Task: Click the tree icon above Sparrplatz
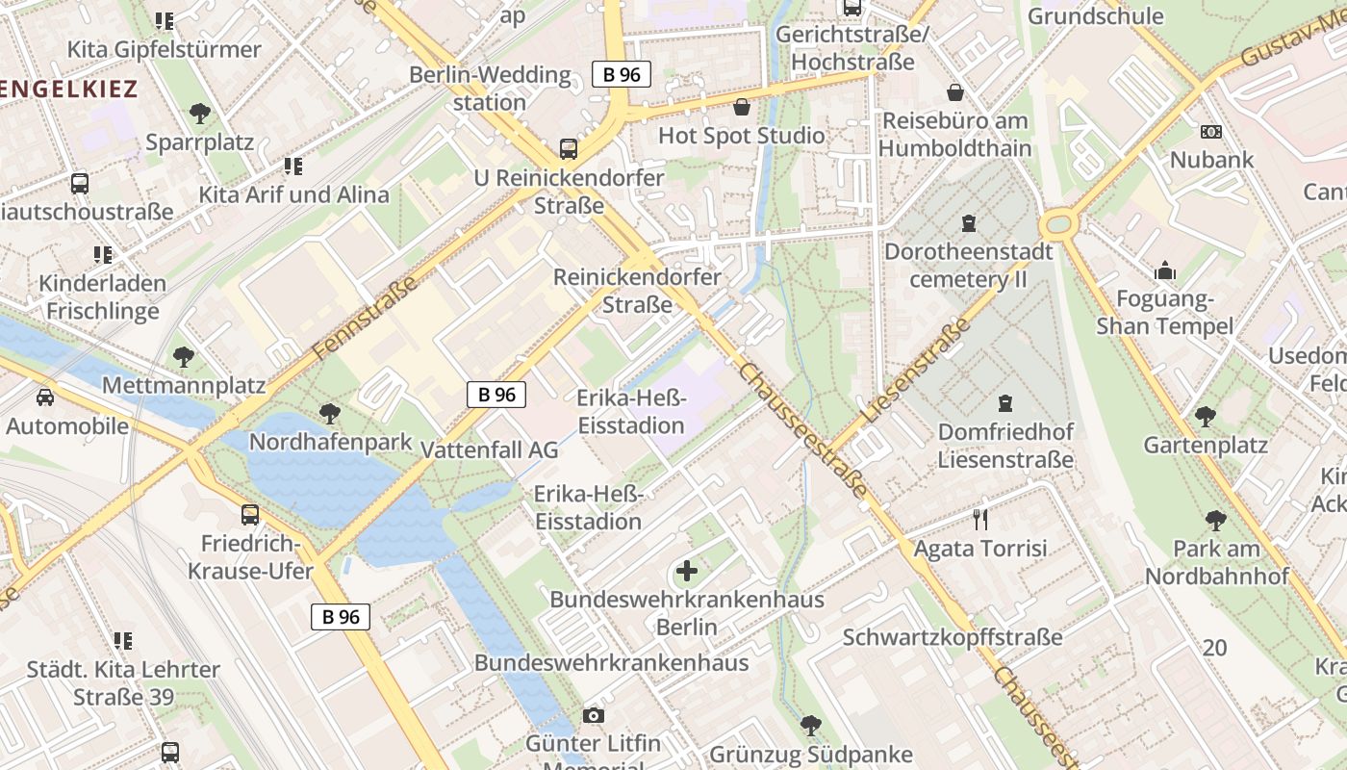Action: [x=199, y=114]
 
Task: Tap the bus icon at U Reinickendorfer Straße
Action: [x=569, y=149]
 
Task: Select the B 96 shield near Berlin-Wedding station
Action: [x=622, y=74]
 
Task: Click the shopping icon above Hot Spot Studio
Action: [x=742, y=107]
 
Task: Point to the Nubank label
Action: [x=1211, y=159]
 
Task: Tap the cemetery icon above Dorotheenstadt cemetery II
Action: [x=968, y=223]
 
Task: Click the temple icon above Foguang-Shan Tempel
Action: [x=1165, y=271]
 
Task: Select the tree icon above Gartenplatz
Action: [x=1205, y=417]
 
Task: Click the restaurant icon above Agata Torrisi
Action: [x=980, y=520]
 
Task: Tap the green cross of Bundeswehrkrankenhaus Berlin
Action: [x=686, y=571]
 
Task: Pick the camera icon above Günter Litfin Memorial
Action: [x=594, y=715]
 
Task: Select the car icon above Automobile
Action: [x=44, y=397]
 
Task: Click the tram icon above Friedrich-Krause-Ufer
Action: [x=250, y=515]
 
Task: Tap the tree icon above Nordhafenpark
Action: [x=329, y=414]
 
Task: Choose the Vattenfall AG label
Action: [x=490, y=449]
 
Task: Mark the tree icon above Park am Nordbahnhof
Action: [x=1215, y=521]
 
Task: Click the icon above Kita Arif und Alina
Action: [x=293, y=167]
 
